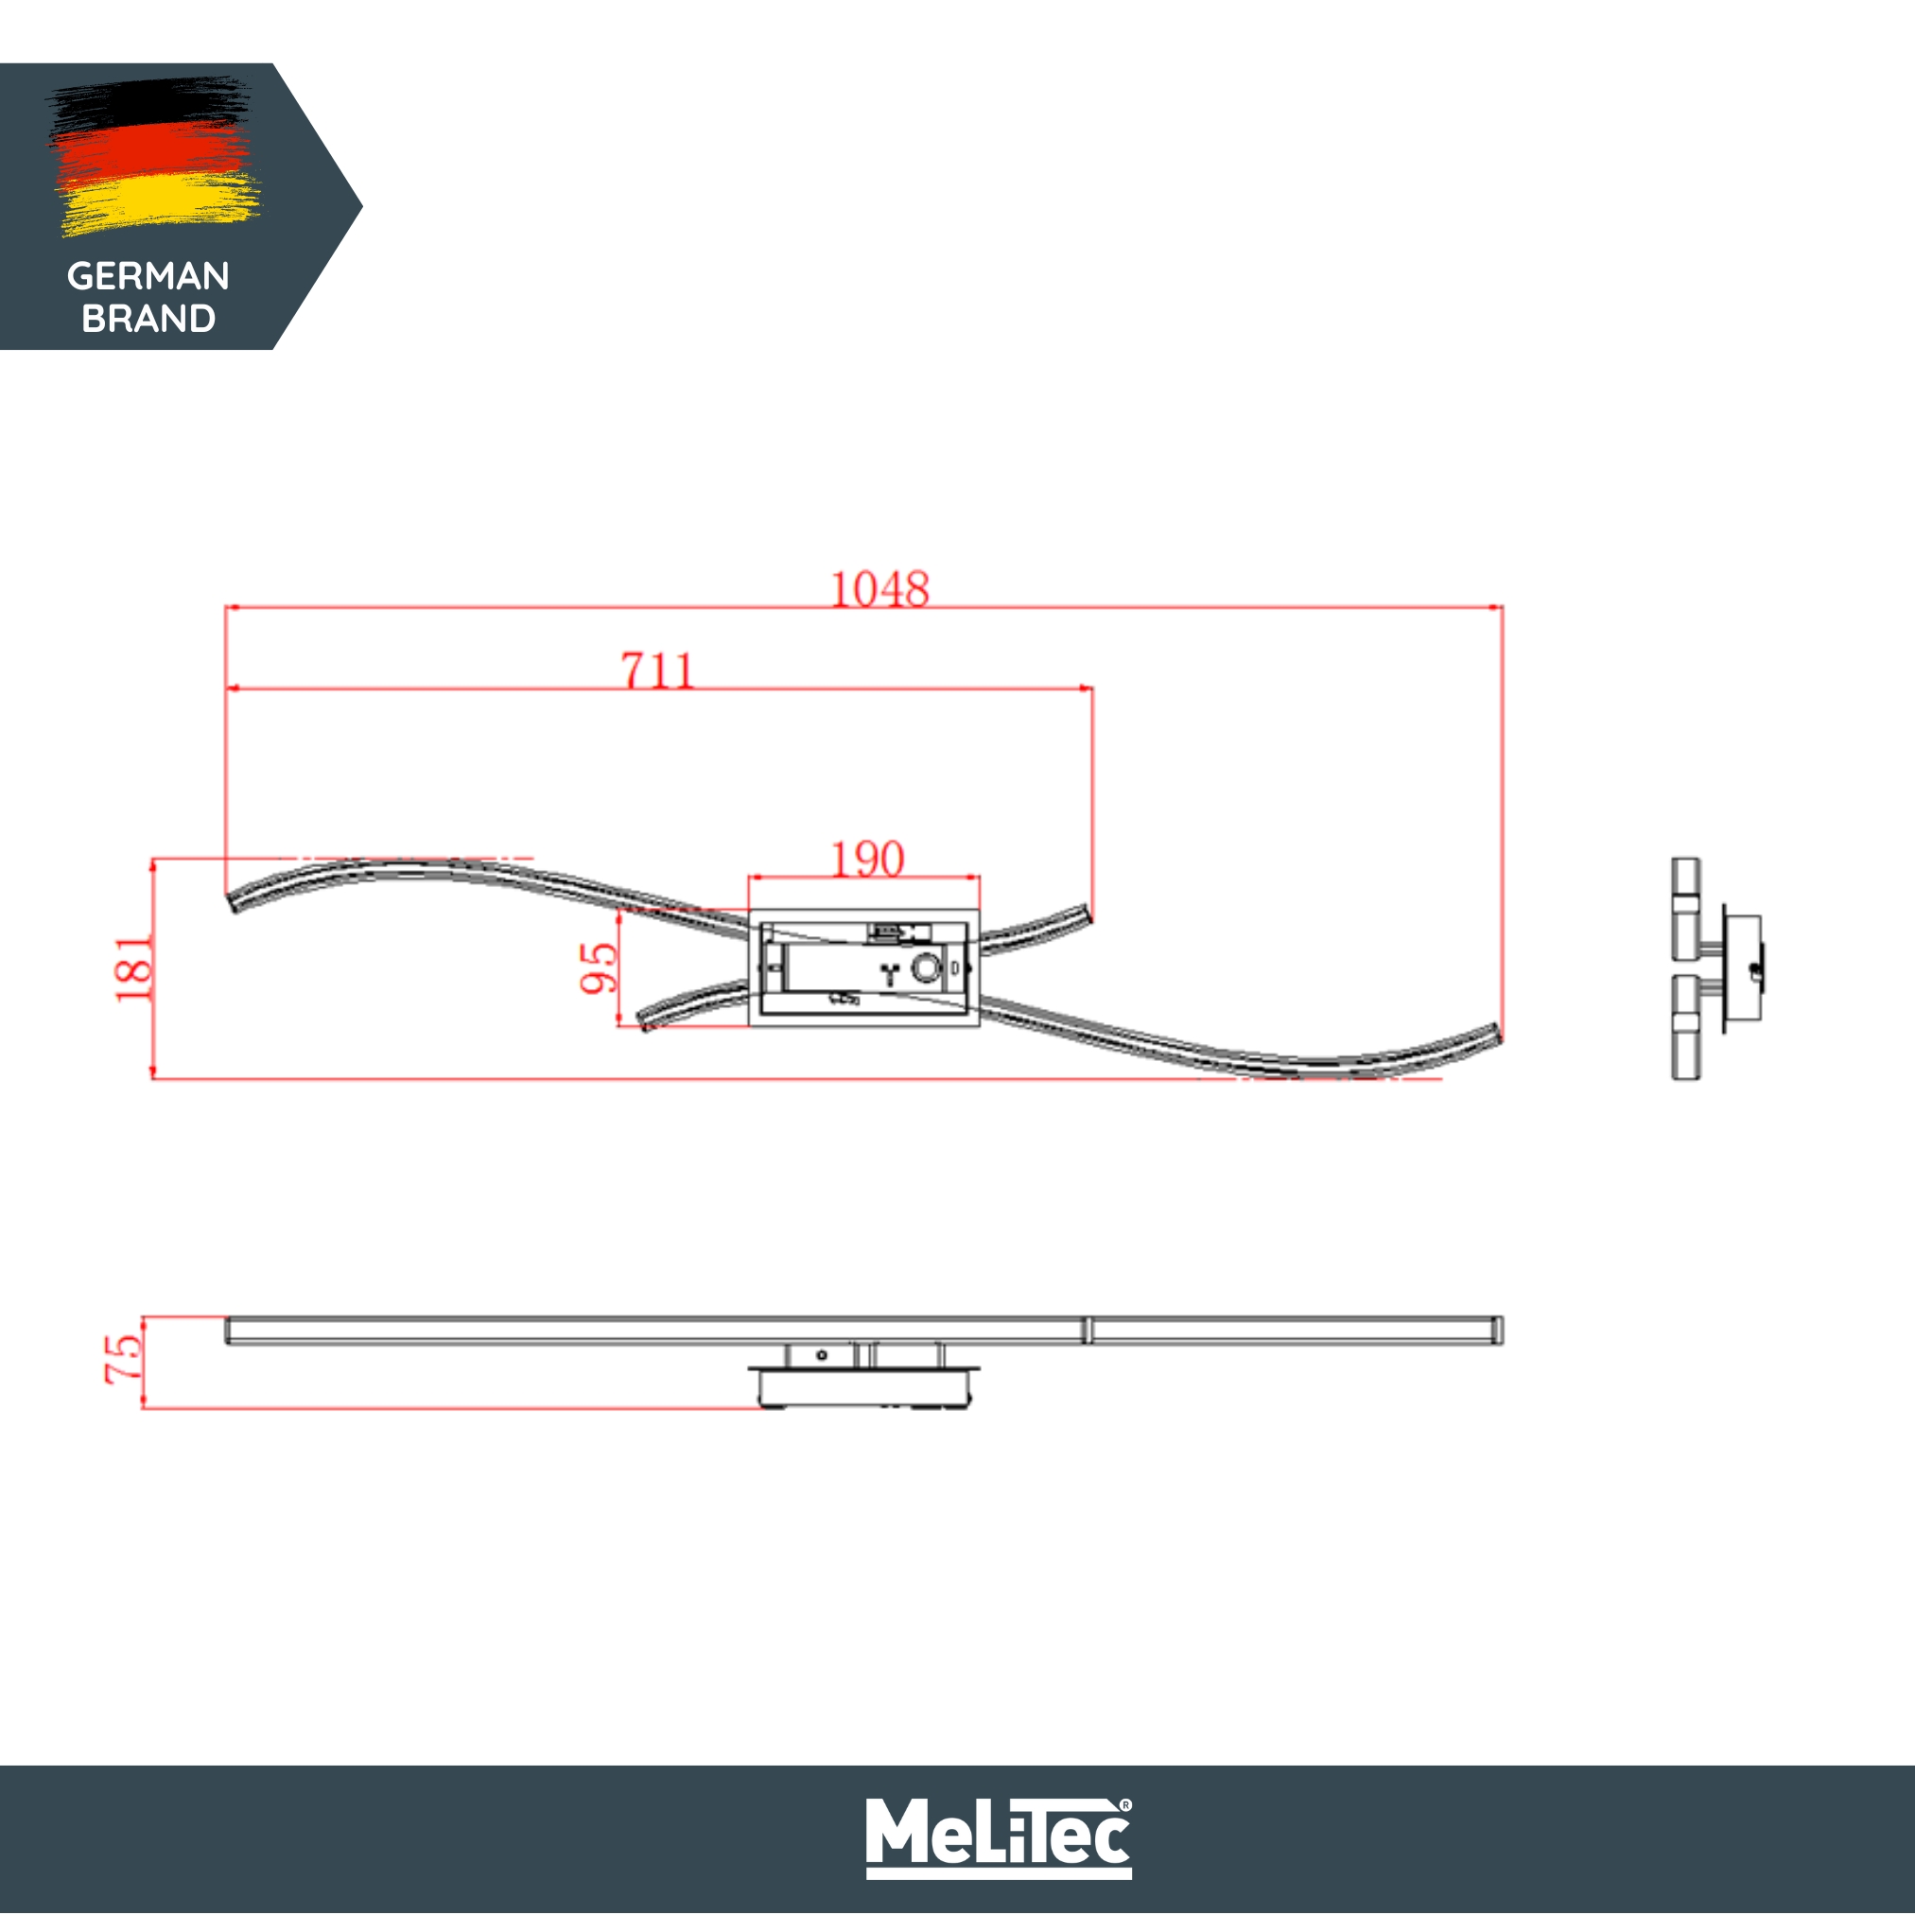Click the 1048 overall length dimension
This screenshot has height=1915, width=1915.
[x=879, y=590]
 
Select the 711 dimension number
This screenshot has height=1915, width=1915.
[x=657, y=671]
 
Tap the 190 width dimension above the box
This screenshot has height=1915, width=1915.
[x=867, y=860]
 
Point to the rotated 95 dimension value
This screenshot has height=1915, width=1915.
[x=599, y=967]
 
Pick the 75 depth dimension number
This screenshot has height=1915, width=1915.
[x=124, y=1359]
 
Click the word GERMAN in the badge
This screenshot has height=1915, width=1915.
[x=148, y=275]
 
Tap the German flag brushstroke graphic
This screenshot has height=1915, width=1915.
[x=153, y=156]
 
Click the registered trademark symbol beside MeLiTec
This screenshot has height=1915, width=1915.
[x=1125, y=1805]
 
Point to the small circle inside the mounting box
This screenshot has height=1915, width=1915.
[x=926, y=967]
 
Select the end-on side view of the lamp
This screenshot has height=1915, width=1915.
[x=1715, y=968]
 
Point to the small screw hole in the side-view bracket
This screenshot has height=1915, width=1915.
[x=822, y=1355]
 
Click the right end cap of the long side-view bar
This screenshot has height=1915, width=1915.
[x=1498, y=1331]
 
